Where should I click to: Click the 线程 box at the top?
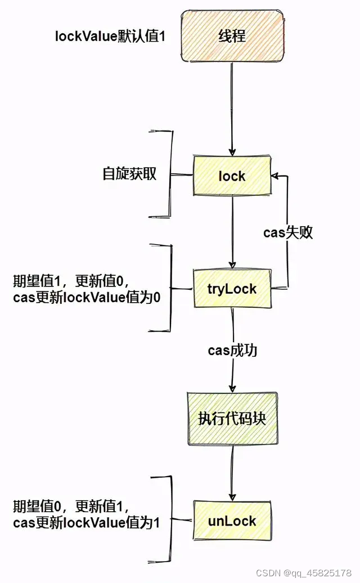point(232,37)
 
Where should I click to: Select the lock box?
point(232,176)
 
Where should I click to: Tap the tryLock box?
point(232,289)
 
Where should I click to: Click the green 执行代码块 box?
point(232,419)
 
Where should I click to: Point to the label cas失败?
point(288,233)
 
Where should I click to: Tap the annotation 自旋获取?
point(129,174)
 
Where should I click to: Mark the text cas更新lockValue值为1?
point(86,523)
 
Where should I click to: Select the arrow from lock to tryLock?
point(232,231)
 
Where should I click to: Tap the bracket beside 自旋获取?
point(170,174)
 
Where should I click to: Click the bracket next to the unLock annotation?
point(169,519)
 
